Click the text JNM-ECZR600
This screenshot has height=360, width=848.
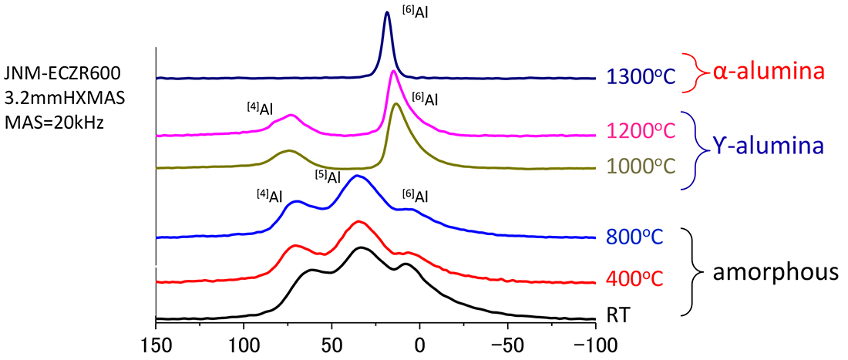(x=61, y=75)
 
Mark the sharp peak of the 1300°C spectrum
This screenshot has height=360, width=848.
(x=387, y=13)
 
